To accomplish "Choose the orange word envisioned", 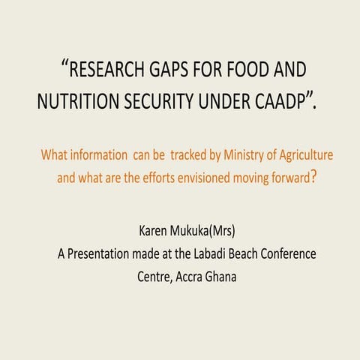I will tap(202, 178).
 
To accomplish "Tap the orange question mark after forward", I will tap(313, 178).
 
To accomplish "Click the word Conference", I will tap(289, 253).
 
